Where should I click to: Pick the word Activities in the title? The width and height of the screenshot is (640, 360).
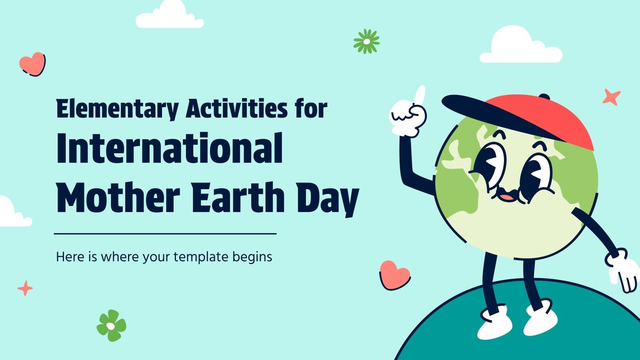pos(236,109)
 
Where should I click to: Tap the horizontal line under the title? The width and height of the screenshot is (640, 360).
pos(165,234)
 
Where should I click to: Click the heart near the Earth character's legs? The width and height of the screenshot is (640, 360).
pos(394,275)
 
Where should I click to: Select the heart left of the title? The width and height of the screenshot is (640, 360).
pos(32,64)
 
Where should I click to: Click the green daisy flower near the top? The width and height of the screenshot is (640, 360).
pos(366,41)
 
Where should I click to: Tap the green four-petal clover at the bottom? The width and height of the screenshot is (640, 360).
pos(111,326)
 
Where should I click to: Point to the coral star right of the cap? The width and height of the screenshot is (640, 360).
pos(611,97)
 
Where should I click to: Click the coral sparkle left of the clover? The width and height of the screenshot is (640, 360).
pos(25,288)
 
